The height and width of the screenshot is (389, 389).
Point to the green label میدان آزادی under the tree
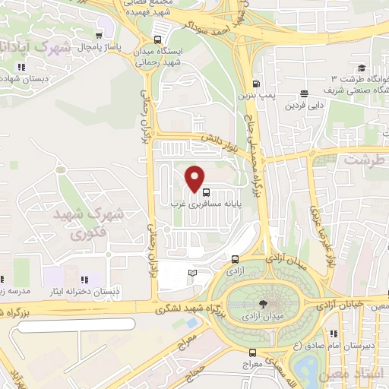coord(252,315)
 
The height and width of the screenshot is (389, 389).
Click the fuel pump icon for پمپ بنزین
coord(256,84)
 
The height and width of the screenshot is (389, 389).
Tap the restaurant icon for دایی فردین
coord(305,94)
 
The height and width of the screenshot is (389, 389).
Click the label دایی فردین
coord(301,106)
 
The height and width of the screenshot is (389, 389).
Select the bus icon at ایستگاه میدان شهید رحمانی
coord(157,40)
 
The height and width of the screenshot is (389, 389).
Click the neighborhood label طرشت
coord(362,160)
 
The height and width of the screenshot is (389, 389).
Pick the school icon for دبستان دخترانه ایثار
coord(84,280)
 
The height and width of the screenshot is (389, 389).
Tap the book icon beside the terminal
coord(192,272)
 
